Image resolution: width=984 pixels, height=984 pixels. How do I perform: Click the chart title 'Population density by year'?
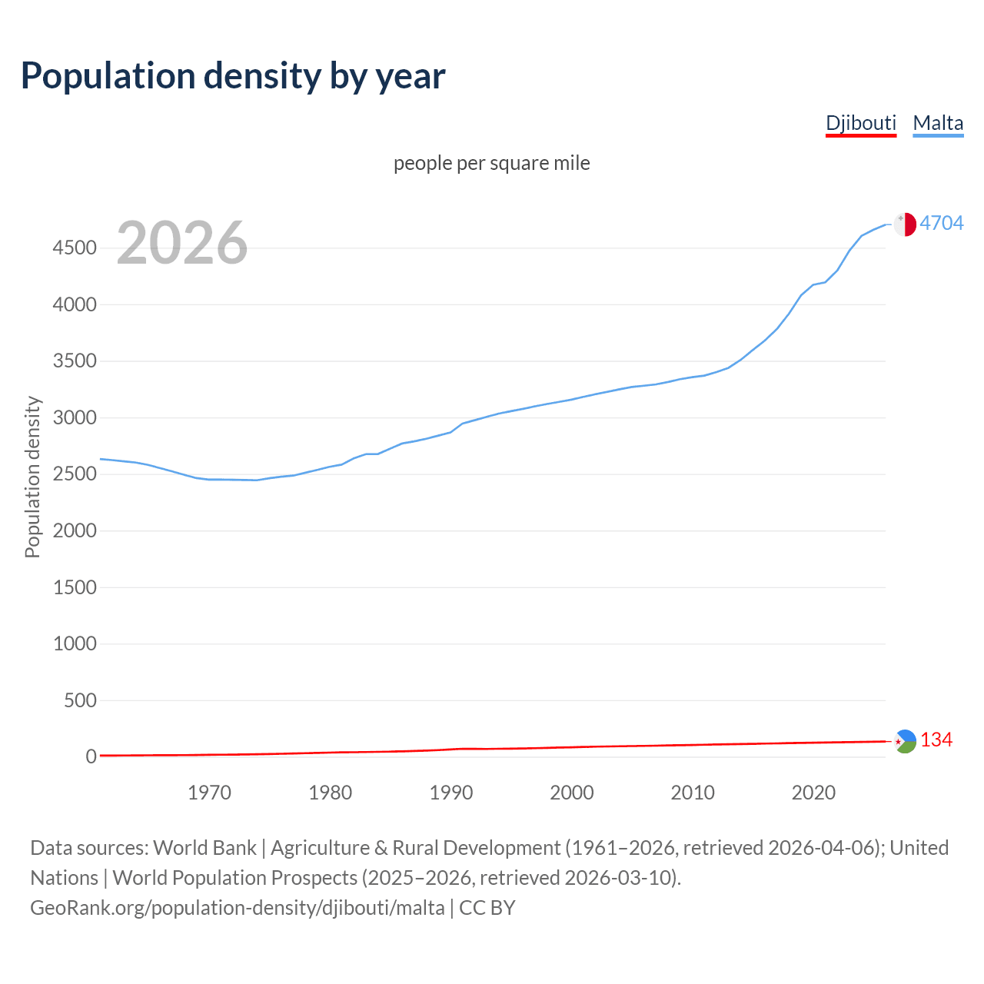233,76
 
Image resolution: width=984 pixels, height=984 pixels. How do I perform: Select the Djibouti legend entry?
860,123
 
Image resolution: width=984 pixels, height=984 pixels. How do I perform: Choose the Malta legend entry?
938,123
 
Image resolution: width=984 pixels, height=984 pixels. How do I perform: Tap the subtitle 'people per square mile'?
492,164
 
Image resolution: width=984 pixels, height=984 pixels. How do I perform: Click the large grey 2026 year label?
182,243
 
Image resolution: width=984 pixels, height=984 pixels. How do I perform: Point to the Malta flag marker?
905,224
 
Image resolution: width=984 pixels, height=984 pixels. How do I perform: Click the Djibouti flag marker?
905,741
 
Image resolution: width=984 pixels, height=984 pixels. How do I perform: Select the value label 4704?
941,223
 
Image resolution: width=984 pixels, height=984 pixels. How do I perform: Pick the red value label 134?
936,740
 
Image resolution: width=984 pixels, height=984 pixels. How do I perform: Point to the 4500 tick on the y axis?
75,248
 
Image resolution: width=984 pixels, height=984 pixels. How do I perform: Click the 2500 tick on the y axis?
75,474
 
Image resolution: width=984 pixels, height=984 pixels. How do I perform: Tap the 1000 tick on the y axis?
75,644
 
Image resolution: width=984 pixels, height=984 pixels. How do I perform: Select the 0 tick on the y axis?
91,757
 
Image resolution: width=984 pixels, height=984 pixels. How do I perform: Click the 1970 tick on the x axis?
209,793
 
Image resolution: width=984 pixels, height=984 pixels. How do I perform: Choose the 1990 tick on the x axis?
451,793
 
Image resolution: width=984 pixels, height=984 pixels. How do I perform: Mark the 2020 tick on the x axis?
813,793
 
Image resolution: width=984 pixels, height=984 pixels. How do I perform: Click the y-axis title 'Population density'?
32,477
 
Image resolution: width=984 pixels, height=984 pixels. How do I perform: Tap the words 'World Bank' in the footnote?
204,848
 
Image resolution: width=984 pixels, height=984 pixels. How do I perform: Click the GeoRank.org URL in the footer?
237,908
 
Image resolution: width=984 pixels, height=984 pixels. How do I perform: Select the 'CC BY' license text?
487,908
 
